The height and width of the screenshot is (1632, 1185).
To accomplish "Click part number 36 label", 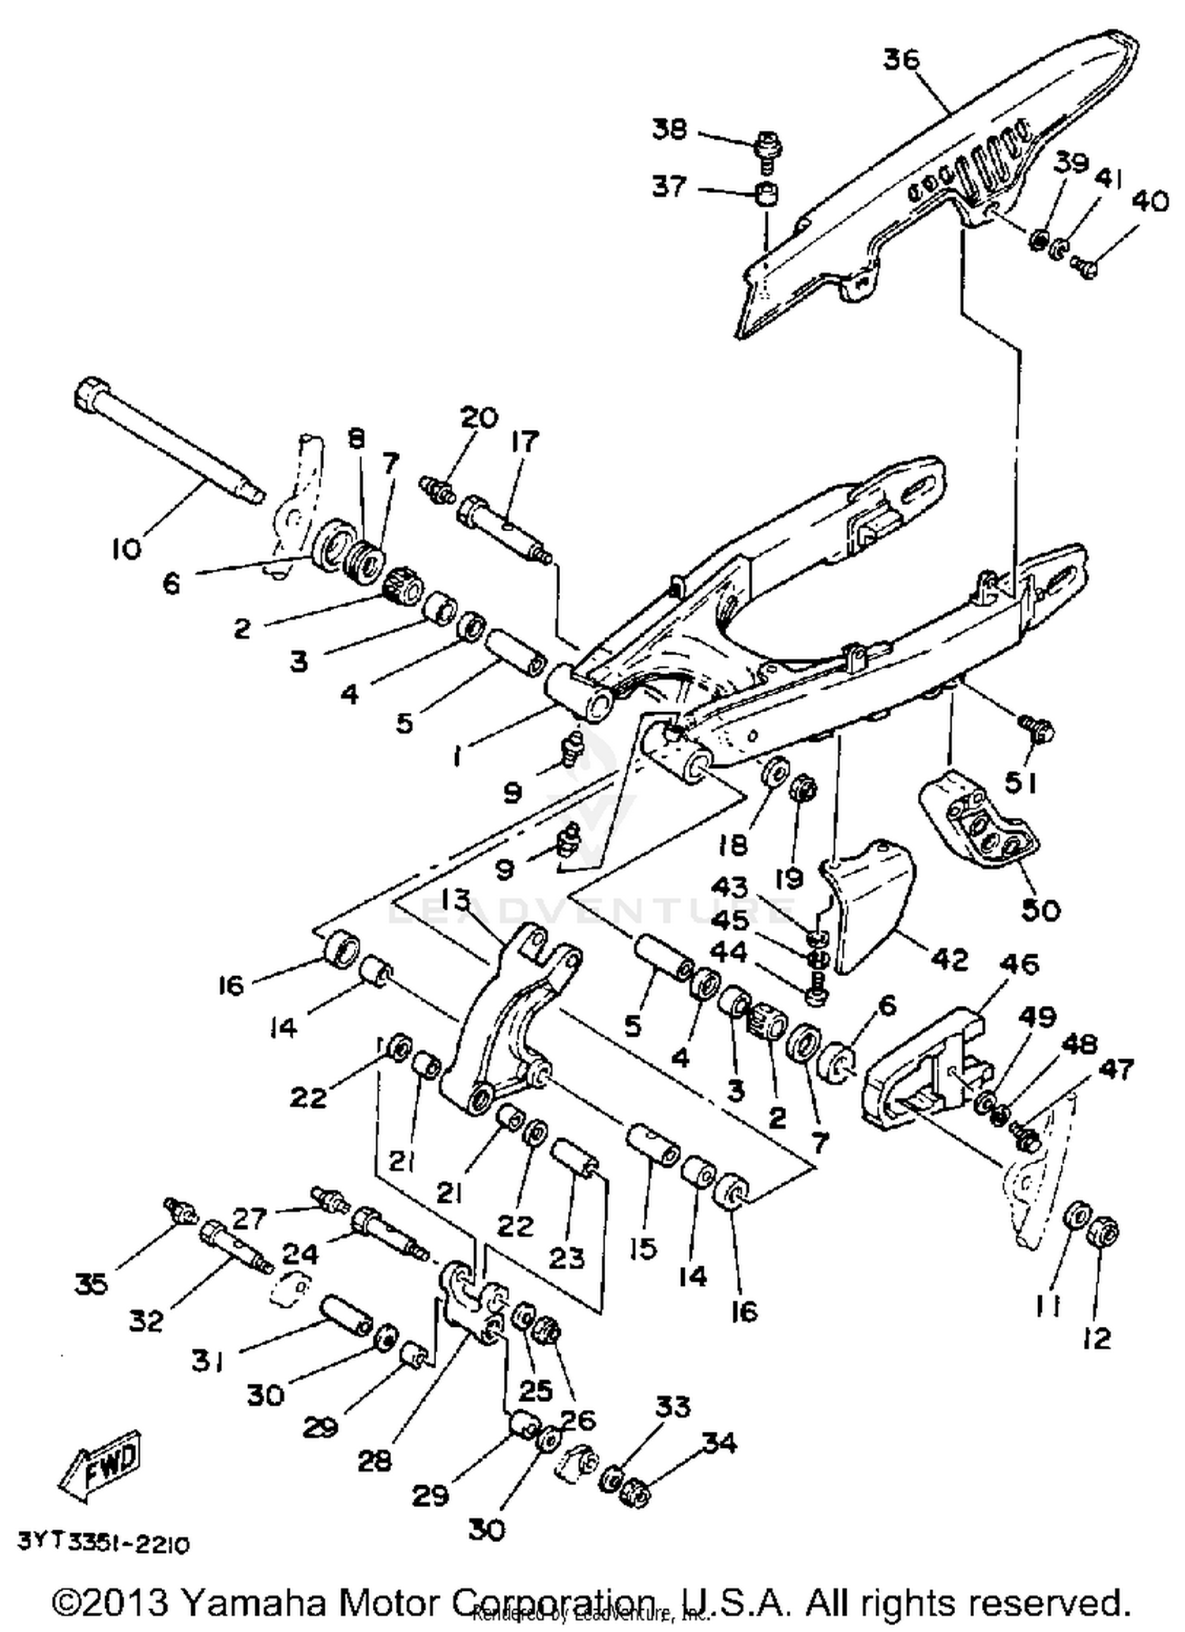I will [x=901, y=59].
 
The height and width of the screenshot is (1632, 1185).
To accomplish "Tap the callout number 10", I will [x=126, y=548].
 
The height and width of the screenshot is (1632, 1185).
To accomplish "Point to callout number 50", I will [x=1040, y=910].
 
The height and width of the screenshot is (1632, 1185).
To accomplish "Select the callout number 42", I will [x=949, y=959].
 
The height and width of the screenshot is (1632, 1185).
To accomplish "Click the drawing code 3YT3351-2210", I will [x=103, y=1544].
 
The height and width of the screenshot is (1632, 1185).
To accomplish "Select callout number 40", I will [x=1149, y=202].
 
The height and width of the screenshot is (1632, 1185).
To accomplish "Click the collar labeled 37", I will [x=765, y=194].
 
